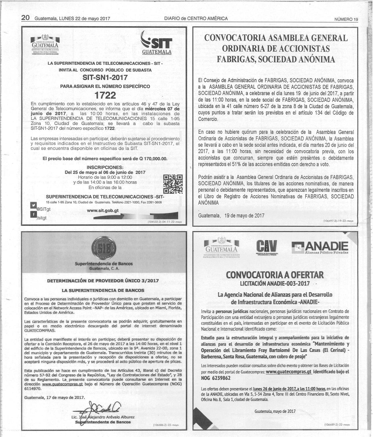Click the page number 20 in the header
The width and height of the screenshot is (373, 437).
point(25,18)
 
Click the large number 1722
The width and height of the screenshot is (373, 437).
point(105,95)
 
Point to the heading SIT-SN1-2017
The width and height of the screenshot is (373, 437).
point(105,78)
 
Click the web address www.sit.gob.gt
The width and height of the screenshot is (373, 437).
point(103,211)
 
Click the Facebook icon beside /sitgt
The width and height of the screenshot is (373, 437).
point(34,215)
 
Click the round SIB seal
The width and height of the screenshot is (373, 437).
point(104,248)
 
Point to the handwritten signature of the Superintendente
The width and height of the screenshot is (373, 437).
point(98,408)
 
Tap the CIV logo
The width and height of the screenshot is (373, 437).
point(267,247)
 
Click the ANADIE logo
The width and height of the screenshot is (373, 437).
point(320,247)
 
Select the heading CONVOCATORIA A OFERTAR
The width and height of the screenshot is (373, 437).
point(275,275)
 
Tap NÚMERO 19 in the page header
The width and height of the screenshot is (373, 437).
point(346,19)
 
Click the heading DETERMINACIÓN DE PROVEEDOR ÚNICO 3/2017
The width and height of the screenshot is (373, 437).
point(103,281)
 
